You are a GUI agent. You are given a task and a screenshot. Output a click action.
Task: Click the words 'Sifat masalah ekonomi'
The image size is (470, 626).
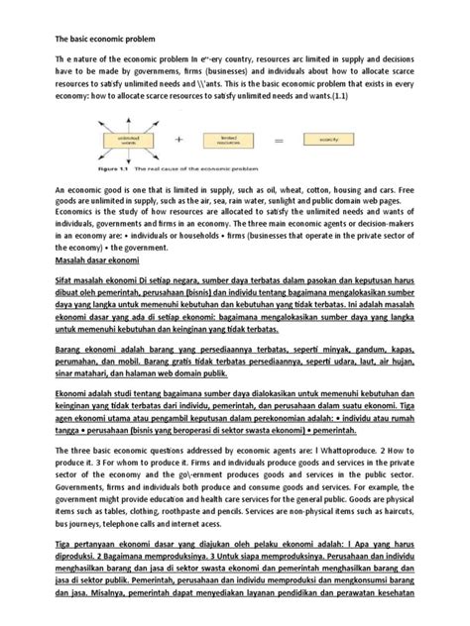pyautogui.click(x=90, y=282)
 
